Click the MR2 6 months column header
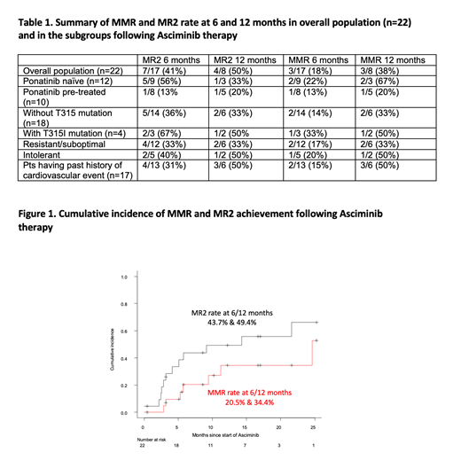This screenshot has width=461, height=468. [x=172, y=58]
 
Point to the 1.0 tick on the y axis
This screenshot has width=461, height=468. [x=125, y=277]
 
